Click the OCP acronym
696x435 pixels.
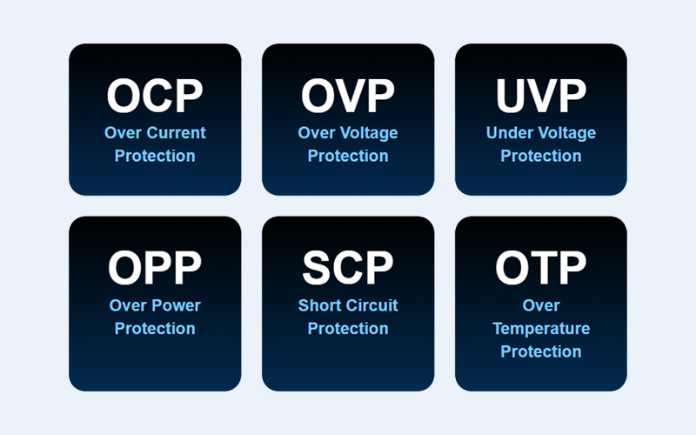click(155, 96)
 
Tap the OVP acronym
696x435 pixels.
click(347, 96)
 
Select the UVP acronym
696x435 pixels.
click(540, 96)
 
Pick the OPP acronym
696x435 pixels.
click(155, 268)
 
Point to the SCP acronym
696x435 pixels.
click(347, 268)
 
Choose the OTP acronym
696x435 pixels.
click(540, 268)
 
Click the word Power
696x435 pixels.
click(177, 305)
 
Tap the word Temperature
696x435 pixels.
click(541, 329)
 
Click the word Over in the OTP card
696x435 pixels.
click(541, 305)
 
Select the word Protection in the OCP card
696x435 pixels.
click(155, 156)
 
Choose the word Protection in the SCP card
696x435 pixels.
click(348, 329)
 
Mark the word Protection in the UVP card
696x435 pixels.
click(541, 156)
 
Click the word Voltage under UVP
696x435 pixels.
click(566, 133)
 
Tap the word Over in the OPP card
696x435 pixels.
click(128, 305)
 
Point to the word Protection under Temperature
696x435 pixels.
click(541, 351)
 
